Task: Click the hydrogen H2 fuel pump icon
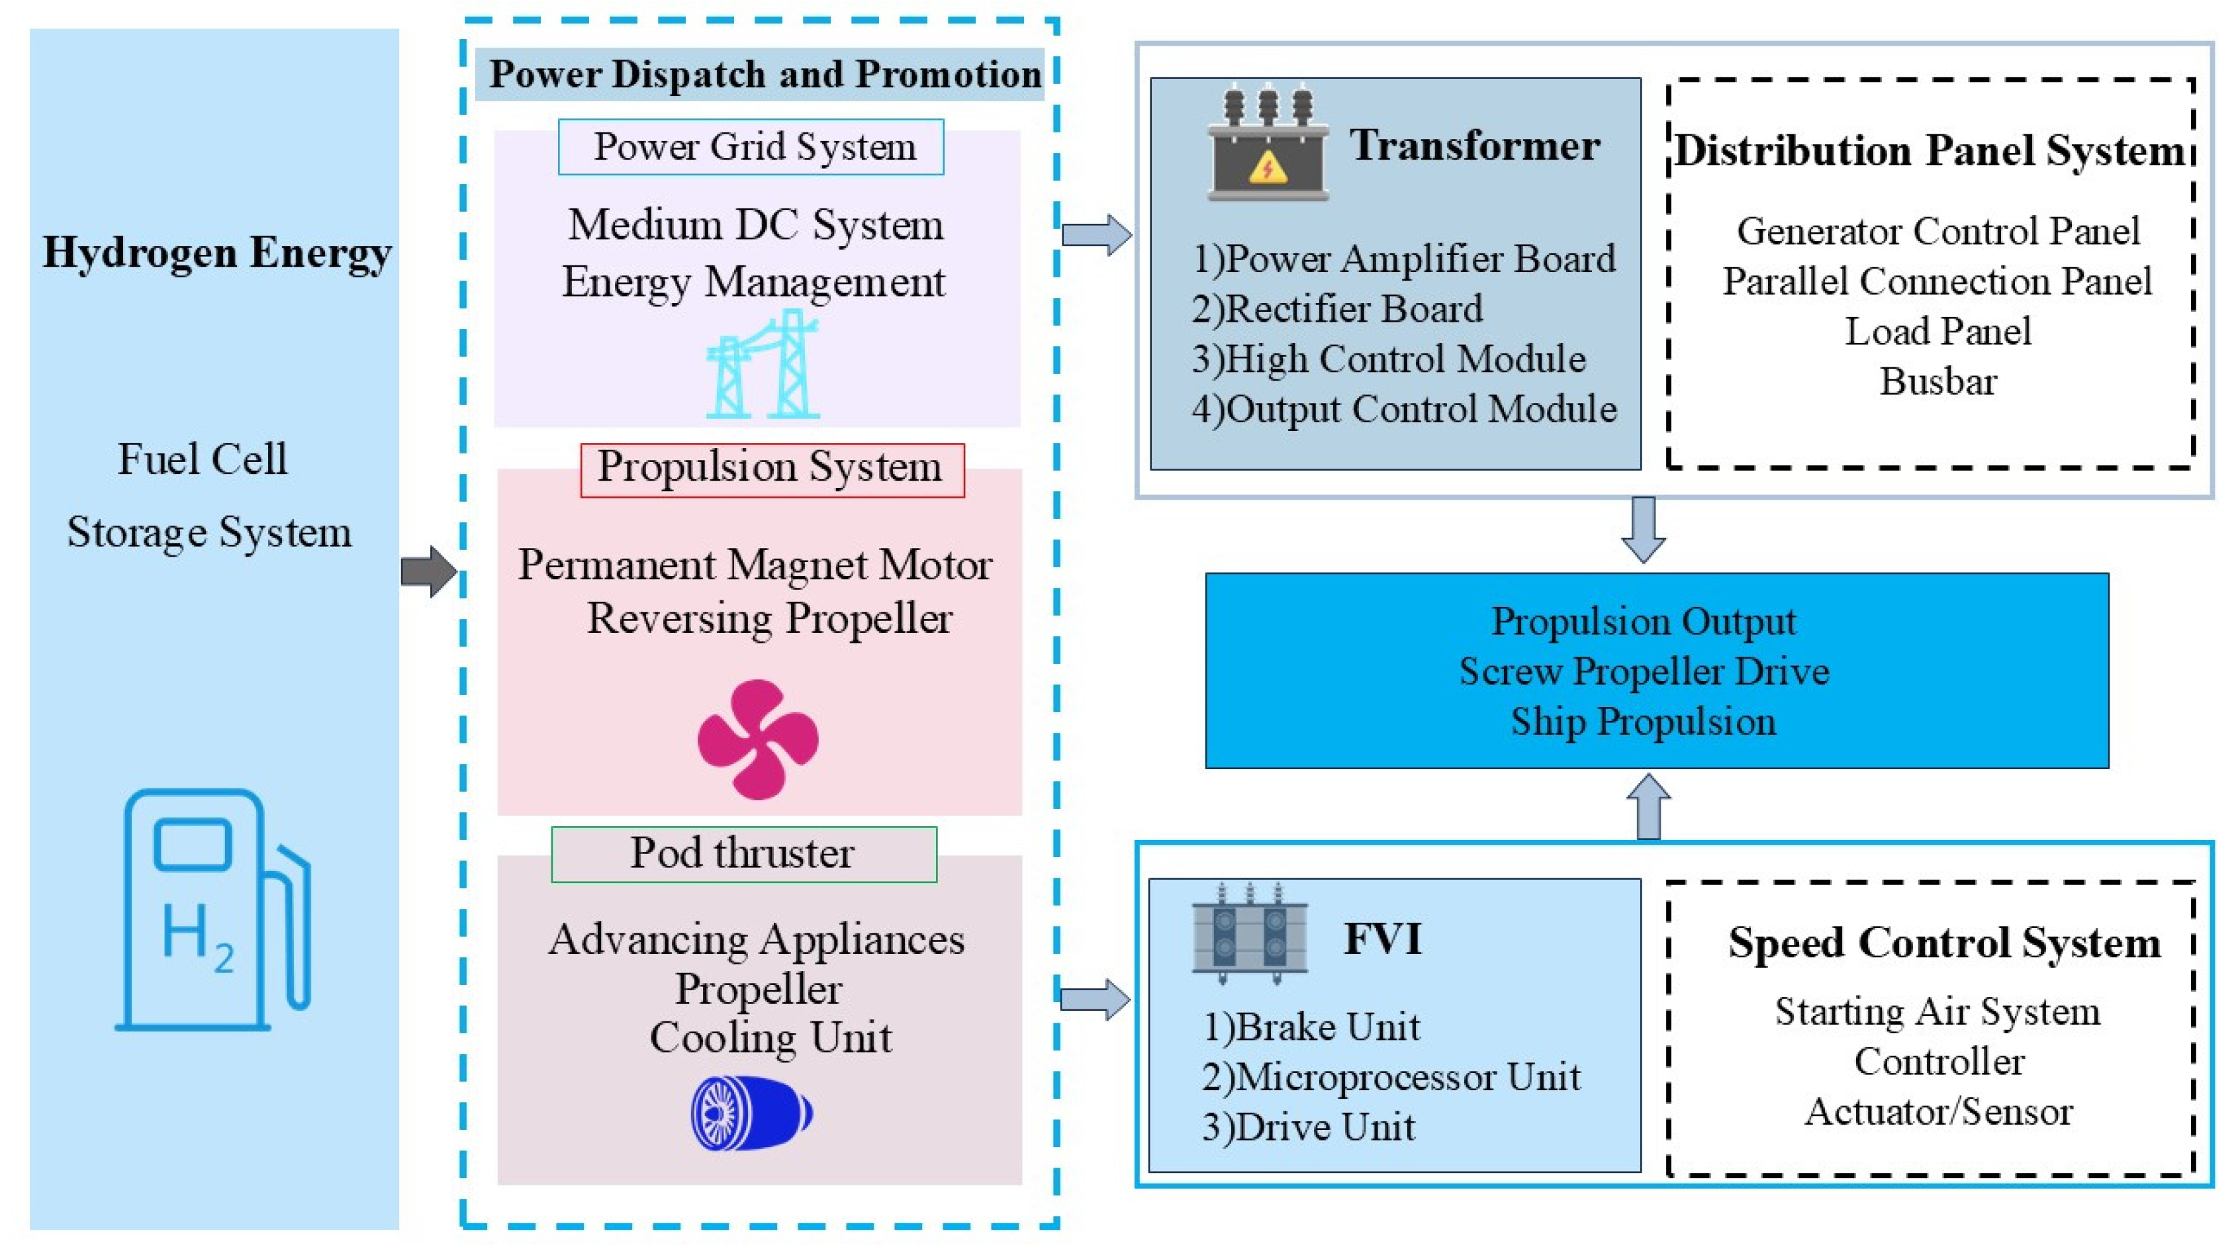212,909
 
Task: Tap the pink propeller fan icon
758,739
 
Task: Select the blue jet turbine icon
752,1113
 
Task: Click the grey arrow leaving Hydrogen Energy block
429,571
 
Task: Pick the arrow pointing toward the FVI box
1095,999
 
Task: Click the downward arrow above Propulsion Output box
1643,530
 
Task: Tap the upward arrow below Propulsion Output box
1648,806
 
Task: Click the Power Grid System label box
751,147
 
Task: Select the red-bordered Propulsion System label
772,470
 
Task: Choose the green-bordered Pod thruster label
744,854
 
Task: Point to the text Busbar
1938,382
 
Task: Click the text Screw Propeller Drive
1644,671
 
